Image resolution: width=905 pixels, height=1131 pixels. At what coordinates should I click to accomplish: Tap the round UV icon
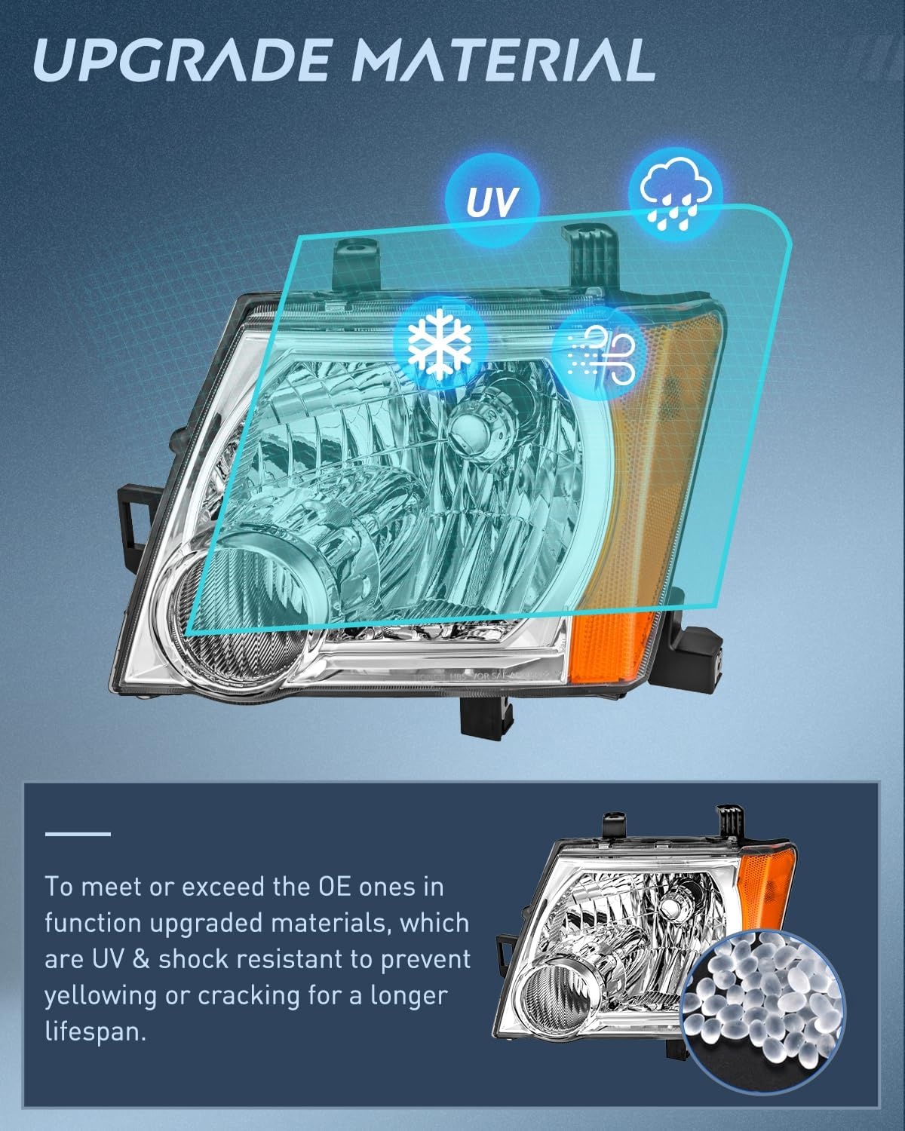click(x=492, y=201)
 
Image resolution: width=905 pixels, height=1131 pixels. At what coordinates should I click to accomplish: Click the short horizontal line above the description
click(x=78, y=834)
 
